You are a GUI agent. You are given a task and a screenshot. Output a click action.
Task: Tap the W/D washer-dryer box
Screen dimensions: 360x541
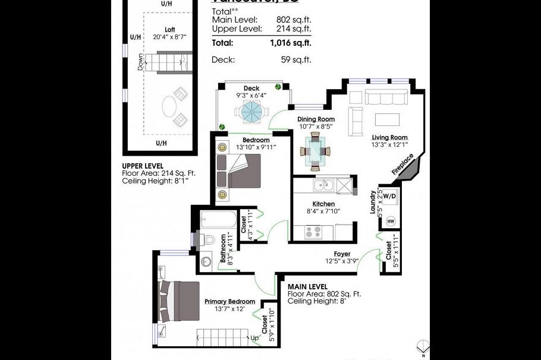tap(389, 196)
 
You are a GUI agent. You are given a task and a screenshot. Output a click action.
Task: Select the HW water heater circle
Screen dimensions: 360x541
tap(391, 220)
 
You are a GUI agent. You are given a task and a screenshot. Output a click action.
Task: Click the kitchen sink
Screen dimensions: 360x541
tap(323, 185)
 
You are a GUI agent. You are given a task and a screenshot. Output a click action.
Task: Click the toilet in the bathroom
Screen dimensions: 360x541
tap(206, 239)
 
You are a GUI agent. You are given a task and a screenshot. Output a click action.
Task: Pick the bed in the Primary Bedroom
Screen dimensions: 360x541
tap(181, 300)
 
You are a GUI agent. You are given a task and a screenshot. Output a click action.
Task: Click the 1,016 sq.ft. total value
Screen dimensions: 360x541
tap(290, 43)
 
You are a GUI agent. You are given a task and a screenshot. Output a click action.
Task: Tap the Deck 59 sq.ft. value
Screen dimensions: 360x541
tap(295, 59)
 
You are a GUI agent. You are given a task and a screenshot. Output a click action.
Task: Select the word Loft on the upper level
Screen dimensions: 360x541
tap(170, 30)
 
